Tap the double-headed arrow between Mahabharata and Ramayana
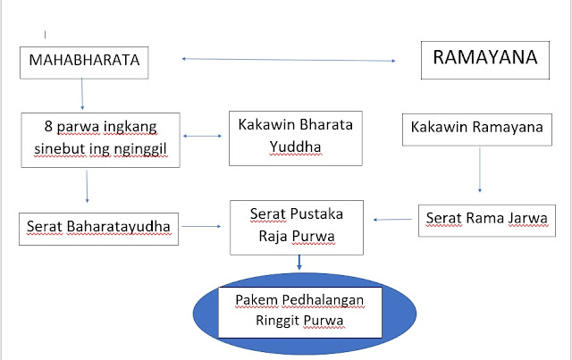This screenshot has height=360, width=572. tap(289, 60)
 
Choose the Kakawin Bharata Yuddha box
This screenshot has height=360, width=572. tap(282, 138)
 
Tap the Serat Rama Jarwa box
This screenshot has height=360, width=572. tap(481, 219)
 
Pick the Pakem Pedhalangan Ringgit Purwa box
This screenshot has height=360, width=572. tap(299, 312)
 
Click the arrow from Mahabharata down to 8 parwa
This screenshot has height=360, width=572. tap(82, 92)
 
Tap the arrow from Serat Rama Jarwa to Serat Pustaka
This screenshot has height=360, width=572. tap(395, 219)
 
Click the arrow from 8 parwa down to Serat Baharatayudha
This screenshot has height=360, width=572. tap(87, 186)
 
